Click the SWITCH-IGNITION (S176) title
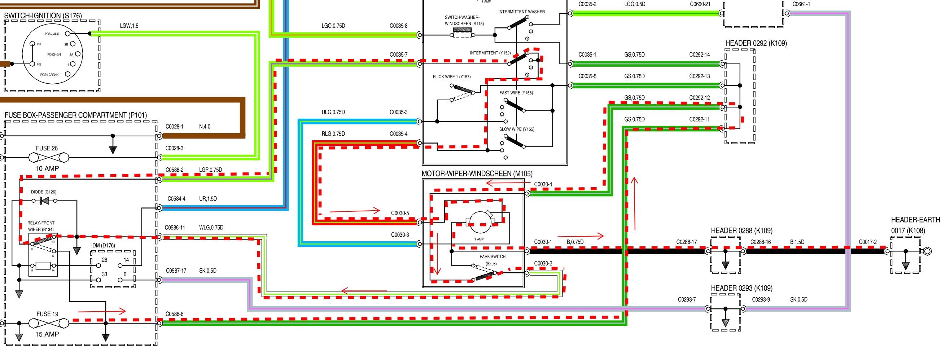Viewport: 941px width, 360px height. [43, 16]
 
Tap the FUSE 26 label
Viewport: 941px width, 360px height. [47, 148]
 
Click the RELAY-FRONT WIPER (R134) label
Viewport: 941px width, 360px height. [41, 226]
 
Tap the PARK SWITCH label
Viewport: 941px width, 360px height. [493, 257]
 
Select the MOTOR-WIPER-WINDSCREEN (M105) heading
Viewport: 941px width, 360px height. [477, 174]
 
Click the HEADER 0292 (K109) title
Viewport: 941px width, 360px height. [756, 43]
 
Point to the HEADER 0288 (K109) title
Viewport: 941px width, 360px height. [741, 231]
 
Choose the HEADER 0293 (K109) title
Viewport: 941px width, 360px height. [741, 288]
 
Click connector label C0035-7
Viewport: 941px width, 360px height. [398, 55]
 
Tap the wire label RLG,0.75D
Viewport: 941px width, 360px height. [333, 134]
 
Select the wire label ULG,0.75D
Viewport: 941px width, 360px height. [333, 112]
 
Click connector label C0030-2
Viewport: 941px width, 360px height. [543, 264]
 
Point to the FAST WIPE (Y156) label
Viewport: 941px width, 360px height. [516, 93]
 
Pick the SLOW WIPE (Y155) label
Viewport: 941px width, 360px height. [517, 129]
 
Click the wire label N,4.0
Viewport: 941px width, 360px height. [205, 127]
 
